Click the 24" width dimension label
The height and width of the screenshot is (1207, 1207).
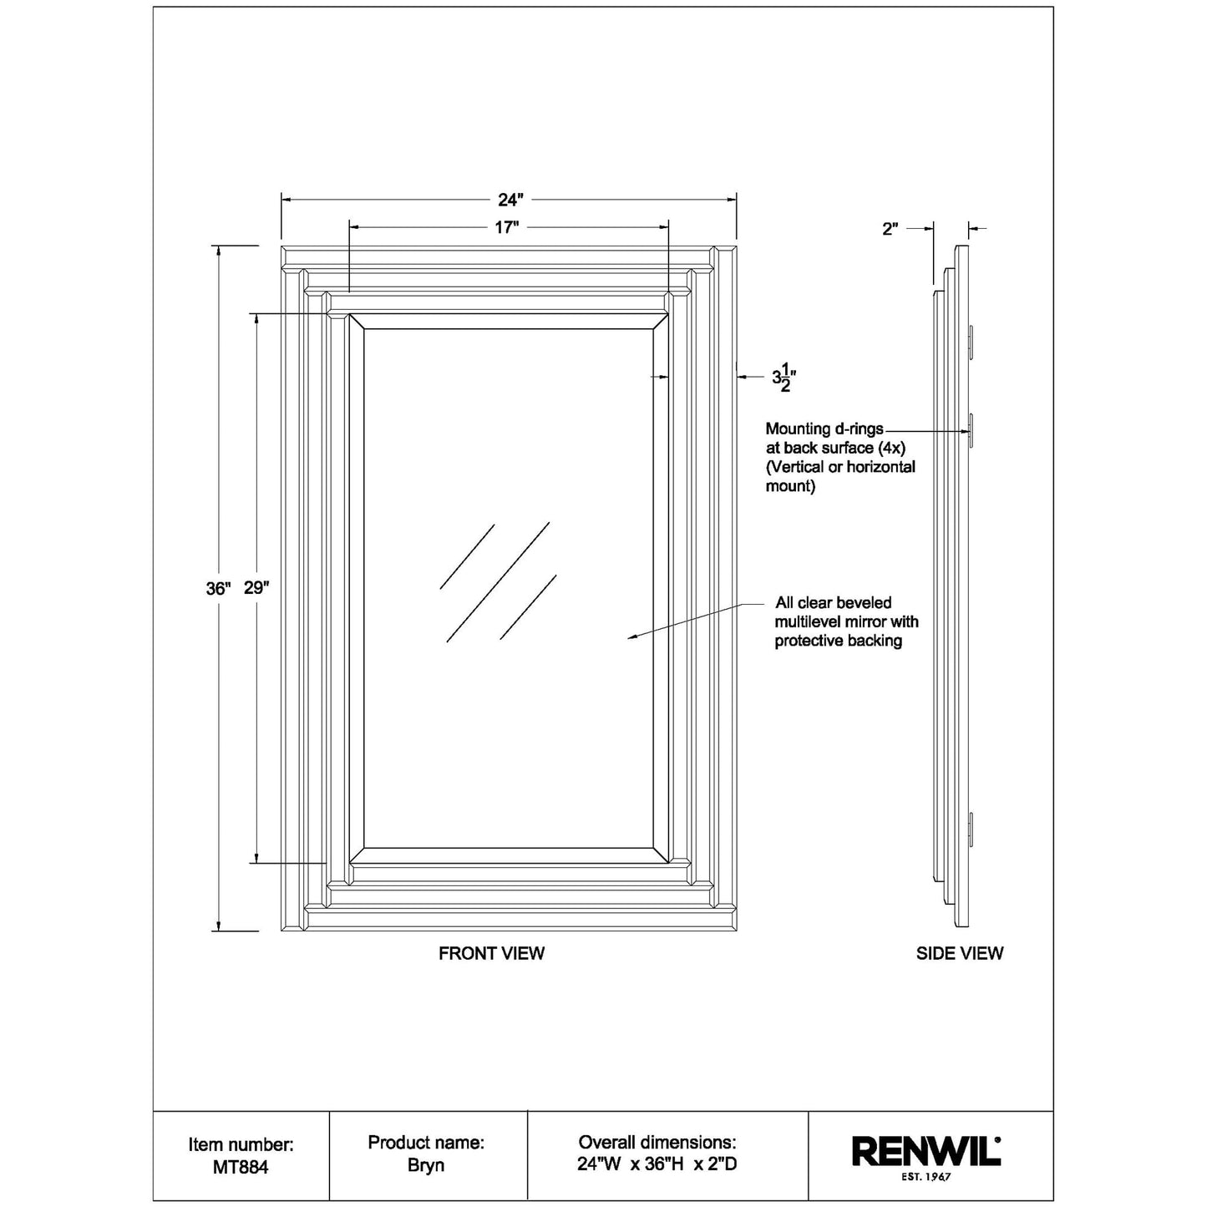click(x=510, y=200)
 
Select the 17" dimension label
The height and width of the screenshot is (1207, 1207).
click(x=507, y=227)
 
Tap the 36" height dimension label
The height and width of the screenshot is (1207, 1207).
click(x=219, y=588)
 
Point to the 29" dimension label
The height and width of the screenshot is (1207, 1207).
click(x=256, y=588)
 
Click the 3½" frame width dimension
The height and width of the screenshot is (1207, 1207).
click(x=784, y=377)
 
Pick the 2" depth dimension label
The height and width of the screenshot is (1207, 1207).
click(x=890, y=229)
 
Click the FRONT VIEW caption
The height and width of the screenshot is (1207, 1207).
click(x=492, y=953)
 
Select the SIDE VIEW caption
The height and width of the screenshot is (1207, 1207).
click(x=960, y=953)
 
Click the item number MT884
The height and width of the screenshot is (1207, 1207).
click(x=241, y=1168)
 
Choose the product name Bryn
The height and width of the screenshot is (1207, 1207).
click(x=426, y=1165)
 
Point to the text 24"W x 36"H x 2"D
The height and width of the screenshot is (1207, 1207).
click(x=657, y=1164)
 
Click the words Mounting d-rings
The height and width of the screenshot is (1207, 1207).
click(x=824, y=429)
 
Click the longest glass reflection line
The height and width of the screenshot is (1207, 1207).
click(x=498, y=582)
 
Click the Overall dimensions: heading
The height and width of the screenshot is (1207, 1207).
click(x=657, y=1142)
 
